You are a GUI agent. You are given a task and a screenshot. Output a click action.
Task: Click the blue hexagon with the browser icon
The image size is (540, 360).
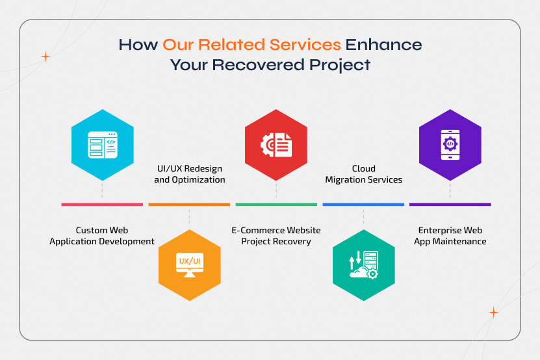point(102,145)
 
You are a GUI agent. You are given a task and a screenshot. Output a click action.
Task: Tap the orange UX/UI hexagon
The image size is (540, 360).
point(189,265)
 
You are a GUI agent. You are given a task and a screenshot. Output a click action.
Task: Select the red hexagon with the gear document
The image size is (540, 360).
point(276,145)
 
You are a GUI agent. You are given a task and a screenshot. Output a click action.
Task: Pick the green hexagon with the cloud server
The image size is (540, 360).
point(363,265)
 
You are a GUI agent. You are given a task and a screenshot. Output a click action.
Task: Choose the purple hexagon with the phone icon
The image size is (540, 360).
point(450,145)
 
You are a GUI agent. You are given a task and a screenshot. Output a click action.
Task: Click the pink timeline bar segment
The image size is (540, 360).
point(102,205)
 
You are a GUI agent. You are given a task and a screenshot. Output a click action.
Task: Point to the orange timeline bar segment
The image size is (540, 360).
point(189,205)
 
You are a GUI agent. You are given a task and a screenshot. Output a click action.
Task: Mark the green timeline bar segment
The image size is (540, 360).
point(276,205)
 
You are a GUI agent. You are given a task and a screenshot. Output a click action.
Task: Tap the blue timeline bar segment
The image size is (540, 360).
point(363,205)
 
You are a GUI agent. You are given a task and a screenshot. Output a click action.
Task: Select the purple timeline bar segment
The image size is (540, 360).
point(450,205)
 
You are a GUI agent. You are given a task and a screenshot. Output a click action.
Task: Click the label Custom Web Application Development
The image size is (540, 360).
point(102,236)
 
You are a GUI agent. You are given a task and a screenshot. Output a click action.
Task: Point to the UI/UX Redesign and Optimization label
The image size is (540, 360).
point(189,174)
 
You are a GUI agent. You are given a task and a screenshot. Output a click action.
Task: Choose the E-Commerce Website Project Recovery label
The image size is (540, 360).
point(276,236)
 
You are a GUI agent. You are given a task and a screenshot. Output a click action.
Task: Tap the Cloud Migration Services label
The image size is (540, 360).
point(363,174)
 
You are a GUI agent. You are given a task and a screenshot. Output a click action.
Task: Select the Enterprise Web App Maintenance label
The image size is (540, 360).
point(450,236)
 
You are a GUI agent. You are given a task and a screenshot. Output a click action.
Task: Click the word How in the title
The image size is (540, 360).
point(138,45)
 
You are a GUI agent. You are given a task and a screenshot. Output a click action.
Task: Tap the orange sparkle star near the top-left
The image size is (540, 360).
point(45,57)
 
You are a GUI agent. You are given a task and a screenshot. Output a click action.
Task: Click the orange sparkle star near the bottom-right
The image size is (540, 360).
point(493,313)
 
